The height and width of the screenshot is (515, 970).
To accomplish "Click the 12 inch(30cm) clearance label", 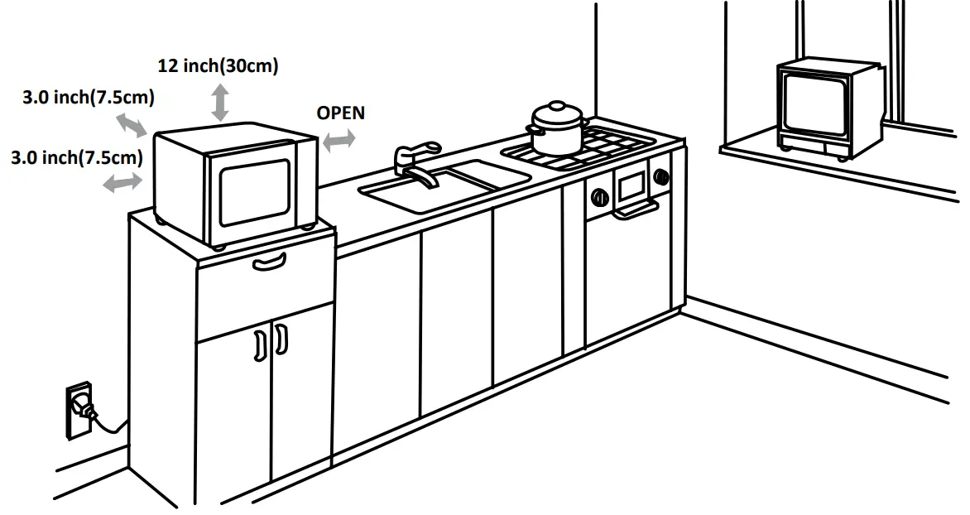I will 218,65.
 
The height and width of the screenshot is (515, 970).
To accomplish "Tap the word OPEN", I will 340,113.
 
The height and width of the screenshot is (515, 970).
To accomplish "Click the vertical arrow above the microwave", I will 220,103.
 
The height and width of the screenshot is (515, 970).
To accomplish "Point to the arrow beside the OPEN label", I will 339,142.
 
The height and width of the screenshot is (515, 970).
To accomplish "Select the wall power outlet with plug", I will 80,408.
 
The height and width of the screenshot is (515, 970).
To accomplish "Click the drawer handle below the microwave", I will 271,264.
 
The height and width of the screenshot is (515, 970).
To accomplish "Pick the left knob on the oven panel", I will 598,197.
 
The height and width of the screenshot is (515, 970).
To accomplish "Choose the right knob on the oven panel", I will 660,176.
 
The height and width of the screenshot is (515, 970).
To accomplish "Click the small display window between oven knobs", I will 631,185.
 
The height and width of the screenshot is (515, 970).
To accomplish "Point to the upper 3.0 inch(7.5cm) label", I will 88,98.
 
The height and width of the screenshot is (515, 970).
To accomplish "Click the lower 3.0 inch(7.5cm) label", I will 77,156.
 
